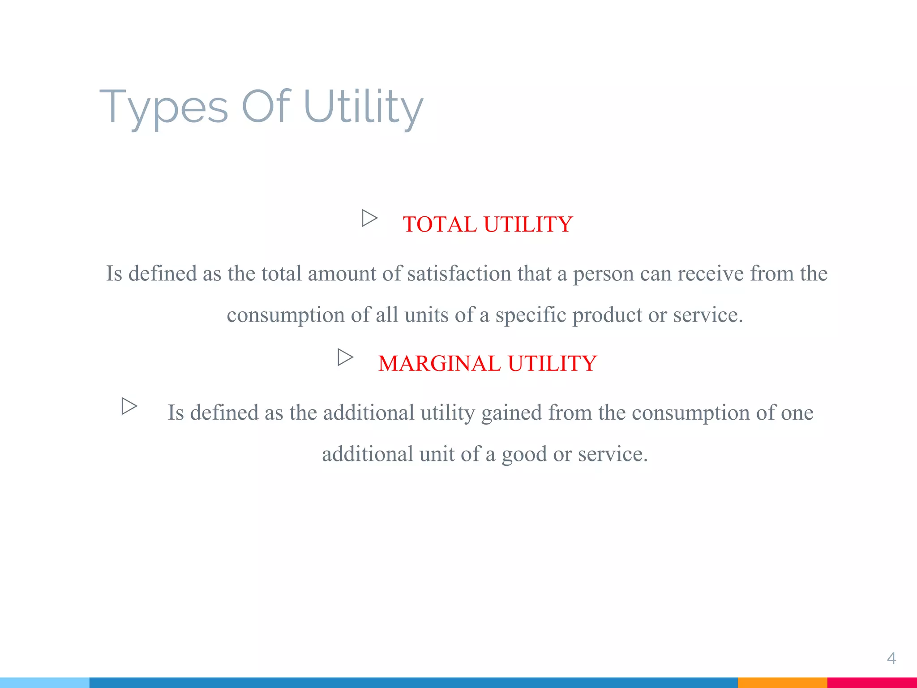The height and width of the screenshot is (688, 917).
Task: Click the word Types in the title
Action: [163, 107]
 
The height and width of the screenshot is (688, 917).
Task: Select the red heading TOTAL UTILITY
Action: [487, 224]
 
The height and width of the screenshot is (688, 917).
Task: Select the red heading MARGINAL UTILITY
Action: [487, 363]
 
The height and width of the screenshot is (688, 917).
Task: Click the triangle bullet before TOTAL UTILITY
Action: [369, 219]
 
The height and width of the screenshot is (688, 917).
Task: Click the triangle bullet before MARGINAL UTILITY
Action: [345, 357]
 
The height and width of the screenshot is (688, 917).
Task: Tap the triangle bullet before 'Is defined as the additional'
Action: [129, 406]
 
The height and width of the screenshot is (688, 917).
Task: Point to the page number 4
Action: [891, 658]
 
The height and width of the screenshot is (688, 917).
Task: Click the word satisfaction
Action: [459, 274]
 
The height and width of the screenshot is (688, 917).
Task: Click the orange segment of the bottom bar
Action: [782, 683]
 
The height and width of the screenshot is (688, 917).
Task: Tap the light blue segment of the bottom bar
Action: [45, 683]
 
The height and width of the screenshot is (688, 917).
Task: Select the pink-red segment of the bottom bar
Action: [872, 683]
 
